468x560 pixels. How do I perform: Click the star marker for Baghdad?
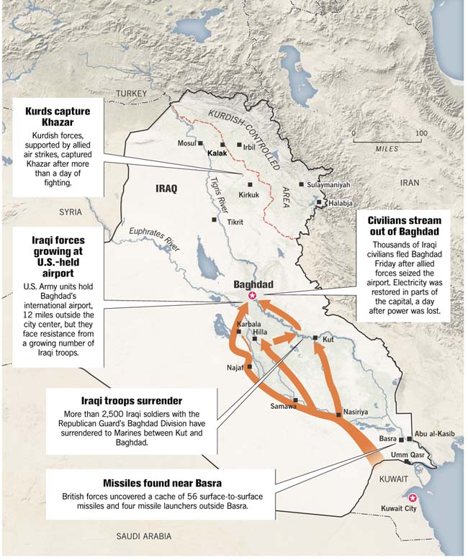click(252, 295)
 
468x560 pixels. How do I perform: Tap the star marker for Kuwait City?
click(412, 498)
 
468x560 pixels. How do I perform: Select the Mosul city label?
click(186, 143)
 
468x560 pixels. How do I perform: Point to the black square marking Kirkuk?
click(250, 184)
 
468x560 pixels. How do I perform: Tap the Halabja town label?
click(340, 203)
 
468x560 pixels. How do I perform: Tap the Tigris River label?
click(215, 192)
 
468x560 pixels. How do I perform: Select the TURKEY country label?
click(132, 94)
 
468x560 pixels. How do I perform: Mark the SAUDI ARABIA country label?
click(144, 536)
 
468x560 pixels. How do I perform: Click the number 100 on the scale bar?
click(421, 134)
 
